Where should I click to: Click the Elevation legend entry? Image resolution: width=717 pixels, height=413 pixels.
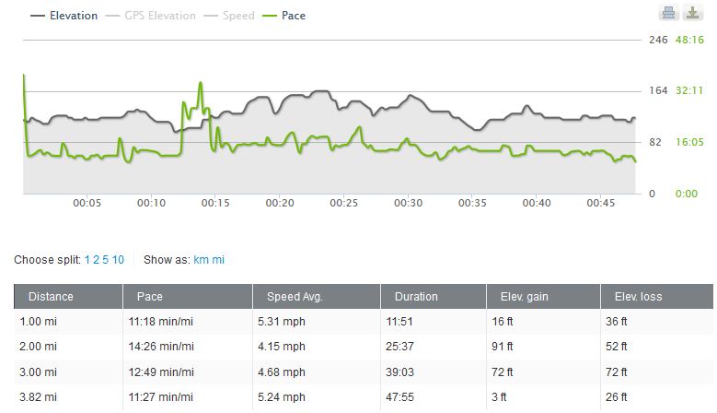click(x=64, y=16)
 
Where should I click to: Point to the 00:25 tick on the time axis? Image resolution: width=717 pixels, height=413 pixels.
click(x=343, y=203)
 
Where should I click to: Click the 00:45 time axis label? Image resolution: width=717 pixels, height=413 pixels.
click(x=600, y=203)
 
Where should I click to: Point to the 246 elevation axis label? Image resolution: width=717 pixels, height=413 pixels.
click(x=658, y=40)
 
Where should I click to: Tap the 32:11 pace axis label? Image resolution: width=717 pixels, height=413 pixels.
click(x=689, y=90)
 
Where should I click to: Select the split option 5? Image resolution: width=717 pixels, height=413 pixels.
click(x=107, y=260)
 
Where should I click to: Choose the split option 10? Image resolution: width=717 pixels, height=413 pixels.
click(x=119, y=260)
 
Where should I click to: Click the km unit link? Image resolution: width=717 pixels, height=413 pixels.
click(x=201, y=260)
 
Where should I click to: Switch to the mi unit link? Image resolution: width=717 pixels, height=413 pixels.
click(x=218, y=260)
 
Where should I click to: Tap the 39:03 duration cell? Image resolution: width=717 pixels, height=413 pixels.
click(x=408, y=372)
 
